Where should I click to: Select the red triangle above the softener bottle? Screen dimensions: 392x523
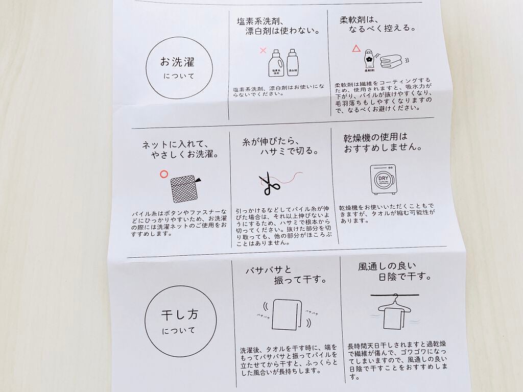[356, 49]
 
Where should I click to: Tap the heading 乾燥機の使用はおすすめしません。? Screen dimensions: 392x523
[383, 142]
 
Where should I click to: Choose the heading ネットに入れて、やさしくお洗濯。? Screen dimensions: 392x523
[180, 149]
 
